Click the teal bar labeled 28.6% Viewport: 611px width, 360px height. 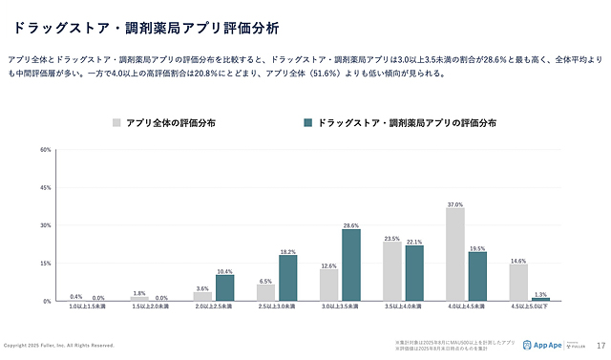pyautogui.click(x=351, y=265)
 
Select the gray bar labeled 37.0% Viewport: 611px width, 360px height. pyautogui.click(x=455, y=254)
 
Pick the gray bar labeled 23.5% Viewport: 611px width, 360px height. pyautogui.click(x=392, y=271)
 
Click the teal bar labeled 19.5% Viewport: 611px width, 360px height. pyautogui.click(x=477, y=276)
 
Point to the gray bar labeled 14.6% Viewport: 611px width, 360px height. pyautogui.click(x=518, y=283)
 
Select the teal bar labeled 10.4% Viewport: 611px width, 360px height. pyautogui.click(x=225, y=287)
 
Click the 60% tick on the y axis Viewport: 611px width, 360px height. pyautogui.click(x=46, y=150)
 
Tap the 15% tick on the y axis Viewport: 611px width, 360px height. pyautogui.click(x=46, y=263)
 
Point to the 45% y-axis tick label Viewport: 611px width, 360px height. pyautogui.click(x=46, y=188)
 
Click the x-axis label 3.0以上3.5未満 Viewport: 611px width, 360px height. pyautogui.click(x=340, y=307)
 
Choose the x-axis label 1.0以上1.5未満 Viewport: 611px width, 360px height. pyautogui.click(x=88, y=307)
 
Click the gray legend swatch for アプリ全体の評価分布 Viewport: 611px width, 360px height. pyautogui.click(x=116, y=122)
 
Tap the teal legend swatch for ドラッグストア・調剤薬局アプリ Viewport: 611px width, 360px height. pyautogui.click(x=307, y=122)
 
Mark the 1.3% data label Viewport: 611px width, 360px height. pyautogui.click(x=540, y=294)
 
